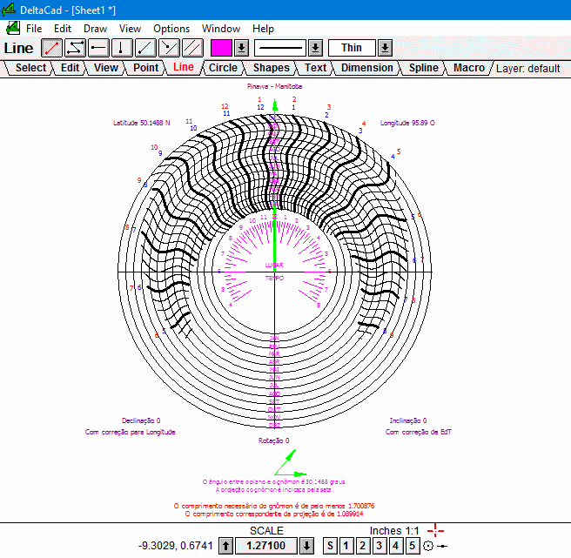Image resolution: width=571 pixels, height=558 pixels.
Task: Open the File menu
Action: (34, 29)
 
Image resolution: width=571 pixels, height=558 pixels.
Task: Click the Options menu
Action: (171, 29)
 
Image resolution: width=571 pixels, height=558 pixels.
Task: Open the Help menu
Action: (262, 29)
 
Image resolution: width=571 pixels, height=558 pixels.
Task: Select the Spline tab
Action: (423, 68)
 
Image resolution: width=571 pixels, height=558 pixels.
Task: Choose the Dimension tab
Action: (366, 68)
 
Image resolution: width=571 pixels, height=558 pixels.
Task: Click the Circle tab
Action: (223, 68)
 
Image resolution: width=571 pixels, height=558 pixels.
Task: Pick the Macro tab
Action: (469, 68)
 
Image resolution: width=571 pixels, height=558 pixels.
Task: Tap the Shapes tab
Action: (272, 68)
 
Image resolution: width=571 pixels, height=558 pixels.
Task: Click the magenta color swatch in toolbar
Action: (221, 48)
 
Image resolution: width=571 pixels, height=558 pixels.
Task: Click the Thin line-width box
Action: (352, 48)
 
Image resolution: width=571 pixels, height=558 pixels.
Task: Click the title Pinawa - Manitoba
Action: (273, 87)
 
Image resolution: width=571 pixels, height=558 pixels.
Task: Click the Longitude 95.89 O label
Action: (407, 123)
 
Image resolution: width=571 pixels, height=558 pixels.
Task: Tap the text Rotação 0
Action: (273, 440)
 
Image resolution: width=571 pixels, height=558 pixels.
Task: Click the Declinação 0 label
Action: (141, 420)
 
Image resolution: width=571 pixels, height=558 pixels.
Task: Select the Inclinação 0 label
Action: (407, 420)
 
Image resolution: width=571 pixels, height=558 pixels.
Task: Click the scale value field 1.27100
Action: (265, 546)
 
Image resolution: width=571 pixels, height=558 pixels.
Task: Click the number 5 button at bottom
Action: (413, 546)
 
